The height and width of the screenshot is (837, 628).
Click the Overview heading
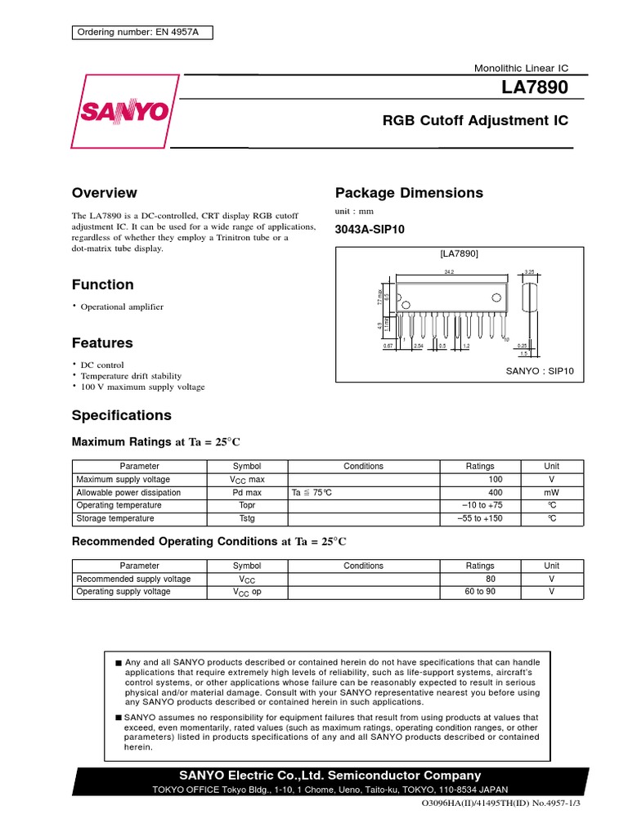click(x=105, y=193)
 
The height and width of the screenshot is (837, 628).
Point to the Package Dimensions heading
click(x=409, y=193)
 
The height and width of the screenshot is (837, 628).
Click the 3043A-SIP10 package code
click(x=369, y=230)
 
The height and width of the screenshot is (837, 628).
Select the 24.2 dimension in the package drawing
click(x=449, y=271)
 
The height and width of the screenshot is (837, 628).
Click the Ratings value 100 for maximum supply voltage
click(x=496, y=479)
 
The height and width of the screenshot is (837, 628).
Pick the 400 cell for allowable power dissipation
click(x=496, y=493)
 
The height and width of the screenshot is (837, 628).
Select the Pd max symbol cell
click(x=246, y=493)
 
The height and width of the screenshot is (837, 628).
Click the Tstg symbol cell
click(x=246, y=518)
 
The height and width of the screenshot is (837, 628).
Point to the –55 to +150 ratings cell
click(x=480, y=518)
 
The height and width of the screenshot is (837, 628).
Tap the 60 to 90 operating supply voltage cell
click(x=480, y=591)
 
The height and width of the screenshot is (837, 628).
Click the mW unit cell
click(x=552, y=493)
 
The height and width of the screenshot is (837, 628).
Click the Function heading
click(x=102, y=284)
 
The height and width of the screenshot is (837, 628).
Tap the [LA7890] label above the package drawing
click(x=459, y=254)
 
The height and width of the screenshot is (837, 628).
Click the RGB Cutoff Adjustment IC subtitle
click(x=475, y=121)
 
